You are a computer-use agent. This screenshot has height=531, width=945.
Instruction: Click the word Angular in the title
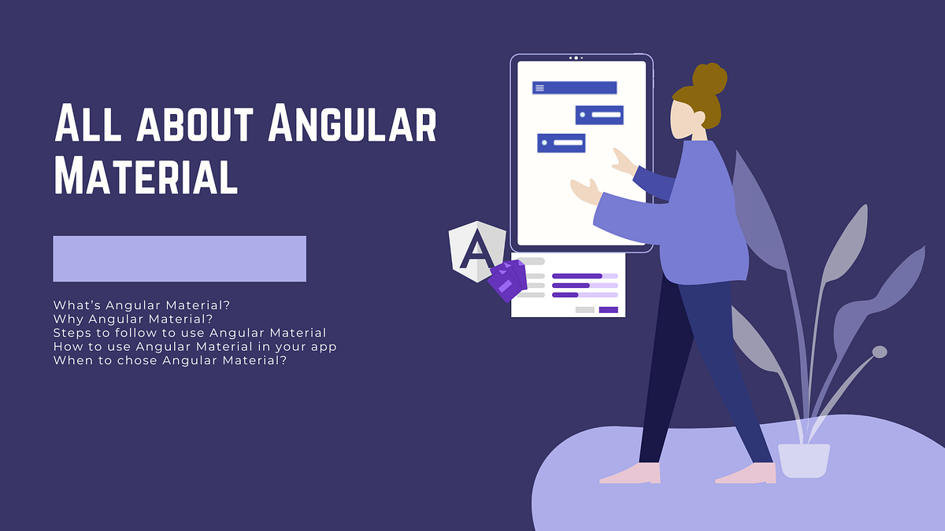tap(351, 124)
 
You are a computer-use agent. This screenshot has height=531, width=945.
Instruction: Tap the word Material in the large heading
tap(146, 176)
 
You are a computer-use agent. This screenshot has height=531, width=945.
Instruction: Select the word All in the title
tap(85, 124)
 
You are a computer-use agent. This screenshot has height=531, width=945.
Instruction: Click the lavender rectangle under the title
tap(180, 259)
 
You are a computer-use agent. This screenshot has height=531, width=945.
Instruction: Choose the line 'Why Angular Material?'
tap(133, 319)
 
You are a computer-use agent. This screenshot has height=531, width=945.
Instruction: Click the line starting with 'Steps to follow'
tap(190, 333)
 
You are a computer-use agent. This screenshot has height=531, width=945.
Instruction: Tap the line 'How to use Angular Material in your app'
tap(195, 347)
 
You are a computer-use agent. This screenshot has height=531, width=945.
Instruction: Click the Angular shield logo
tap(476, 250)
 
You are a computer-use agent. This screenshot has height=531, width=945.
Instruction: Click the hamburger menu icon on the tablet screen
tap(540, 88)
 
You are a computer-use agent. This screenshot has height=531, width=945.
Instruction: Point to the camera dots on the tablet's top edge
tap(576, 58)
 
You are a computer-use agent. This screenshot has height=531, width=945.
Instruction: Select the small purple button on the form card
tap(609, 310)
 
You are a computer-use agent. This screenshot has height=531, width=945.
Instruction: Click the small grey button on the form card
tap(585, 310)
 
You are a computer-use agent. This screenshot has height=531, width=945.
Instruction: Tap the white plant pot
tap(804, 460)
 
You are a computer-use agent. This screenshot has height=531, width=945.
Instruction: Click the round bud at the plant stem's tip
tap(880, 352)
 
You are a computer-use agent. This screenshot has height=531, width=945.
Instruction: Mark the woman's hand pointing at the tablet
tap(624, 161)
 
